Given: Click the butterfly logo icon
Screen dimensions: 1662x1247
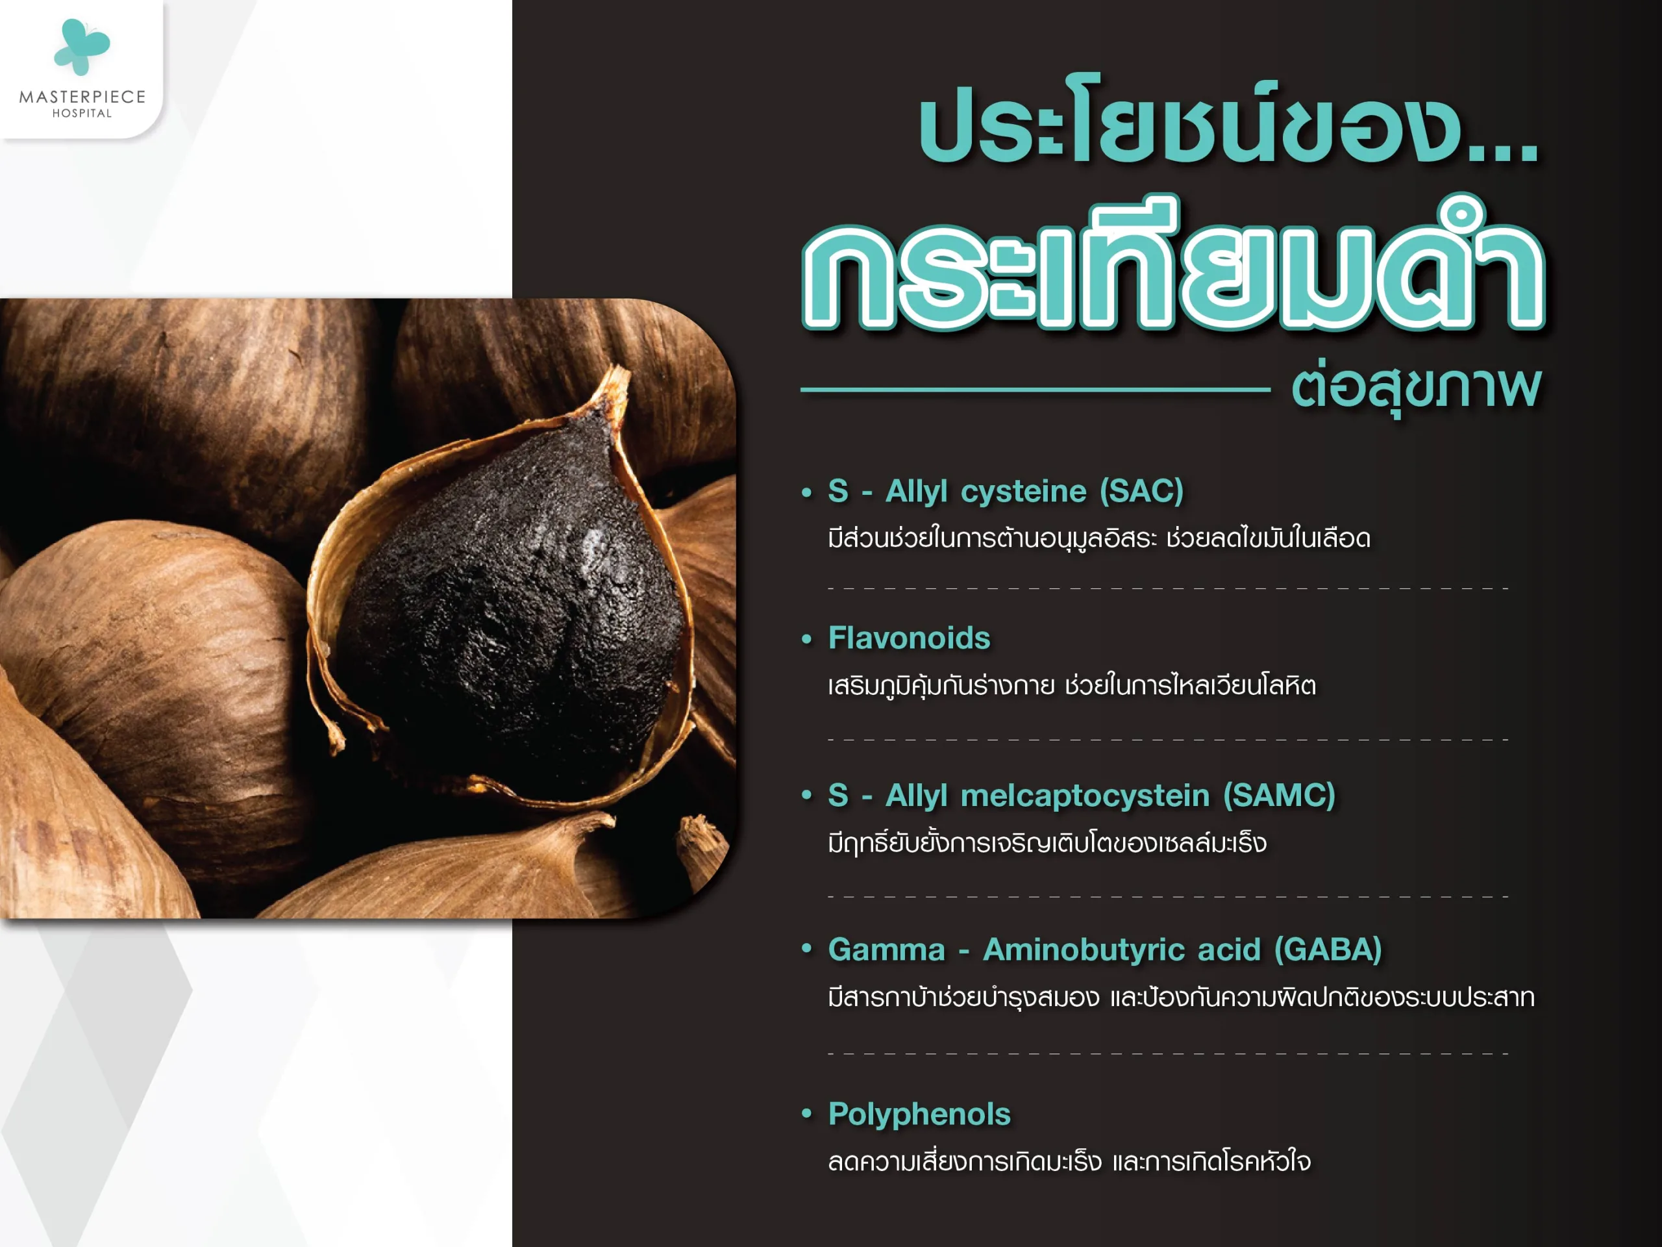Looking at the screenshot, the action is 82,47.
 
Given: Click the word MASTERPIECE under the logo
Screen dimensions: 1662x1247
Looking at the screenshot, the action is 82,97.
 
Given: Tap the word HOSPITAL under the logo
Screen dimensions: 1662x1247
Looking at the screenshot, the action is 82,114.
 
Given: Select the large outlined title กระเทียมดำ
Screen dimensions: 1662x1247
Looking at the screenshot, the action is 1174,266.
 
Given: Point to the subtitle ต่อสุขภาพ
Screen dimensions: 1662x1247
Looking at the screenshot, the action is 1417,389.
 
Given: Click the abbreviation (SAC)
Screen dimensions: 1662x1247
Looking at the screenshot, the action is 1142,492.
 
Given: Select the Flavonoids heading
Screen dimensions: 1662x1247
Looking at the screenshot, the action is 909,638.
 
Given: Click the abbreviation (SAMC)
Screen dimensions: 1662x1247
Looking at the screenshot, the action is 1280,795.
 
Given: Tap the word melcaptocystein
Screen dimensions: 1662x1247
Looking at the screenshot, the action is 1085,795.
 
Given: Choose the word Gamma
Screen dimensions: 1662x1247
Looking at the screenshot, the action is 887,950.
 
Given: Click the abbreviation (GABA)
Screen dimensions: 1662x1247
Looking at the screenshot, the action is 1328,950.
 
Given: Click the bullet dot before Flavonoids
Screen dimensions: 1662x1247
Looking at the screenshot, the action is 807,640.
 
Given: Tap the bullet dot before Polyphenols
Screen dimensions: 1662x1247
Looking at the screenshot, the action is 807,1113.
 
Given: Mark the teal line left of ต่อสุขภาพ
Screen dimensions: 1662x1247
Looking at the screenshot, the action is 1036,389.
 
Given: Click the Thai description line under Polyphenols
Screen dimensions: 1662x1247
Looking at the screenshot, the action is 1069,1161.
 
